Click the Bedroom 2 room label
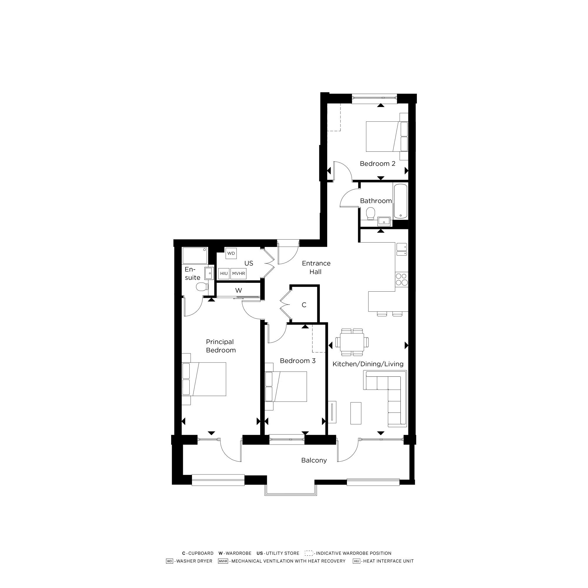coord(377,164)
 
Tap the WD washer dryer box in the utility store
coord(231,253)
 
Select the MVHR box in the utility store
coord(238,273)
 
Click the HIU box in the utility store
coord(224,273)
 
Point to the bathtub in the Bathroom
coord(400,201)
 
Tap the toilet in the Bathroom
coord(371,213)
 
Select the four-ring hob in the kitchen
coord(401,279)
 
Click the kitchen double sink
coord(401,249)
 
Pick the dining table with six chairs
coord(352,342)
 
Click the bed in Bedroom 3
coord(289,387)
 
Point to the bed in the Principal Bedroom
coord(207,379)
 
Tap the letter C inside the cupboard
coord(304,305)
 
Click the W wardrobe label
coord(239,291)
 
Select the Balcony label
coord(314,460)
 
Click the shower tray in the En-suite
coord(195,256)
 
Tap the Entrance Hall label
coord(316,268)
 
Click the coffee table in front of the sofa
coord(356,413)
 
